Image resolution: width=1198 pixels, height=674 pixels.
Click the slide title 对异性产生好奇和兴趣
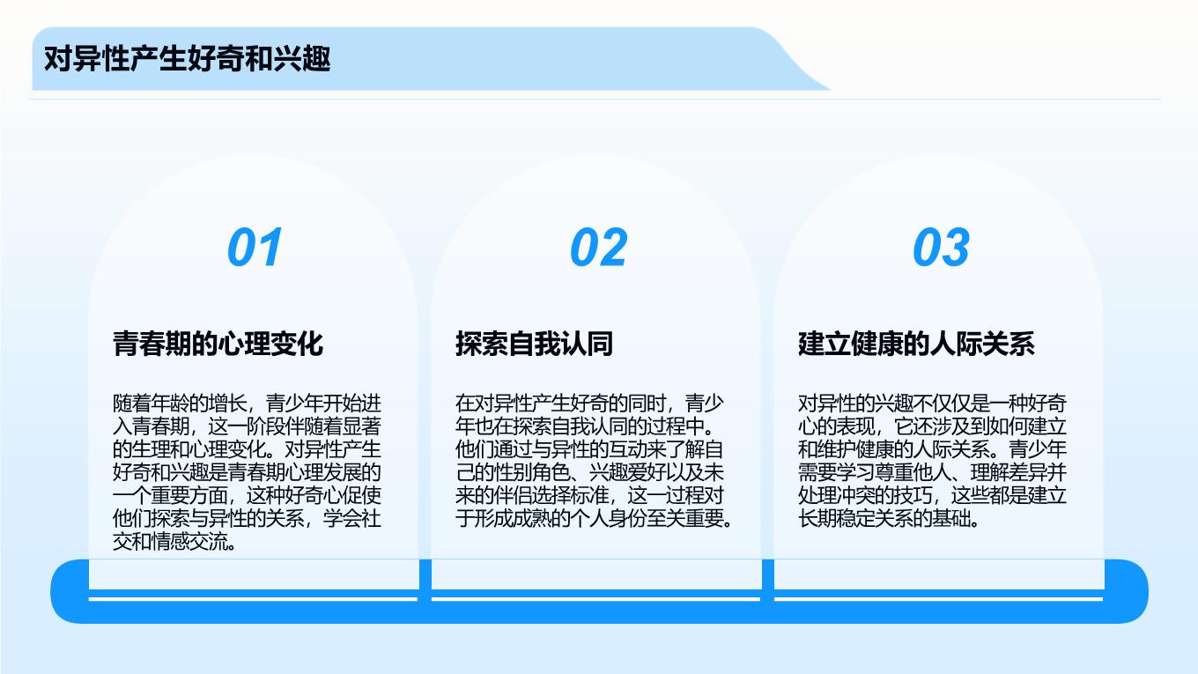coord(187,59)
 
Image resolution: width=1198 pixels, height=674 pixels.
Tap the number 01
coord(255,247)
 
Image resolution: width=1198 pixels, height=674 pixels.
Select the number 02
coord(598,247)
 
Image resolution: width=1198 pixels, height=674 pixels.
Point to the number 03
coord(942,247)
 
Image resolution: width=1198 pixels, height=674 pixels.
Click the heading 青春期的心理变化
coord(218,344)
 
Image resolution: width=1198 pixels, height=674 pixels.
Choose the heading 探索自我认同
coord(535,344)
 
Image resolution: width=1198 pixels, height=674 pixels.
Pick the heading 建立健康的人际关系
coord(916,344)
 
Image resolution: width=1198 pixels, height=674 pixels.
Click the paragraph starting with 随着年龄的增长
coord(247,472)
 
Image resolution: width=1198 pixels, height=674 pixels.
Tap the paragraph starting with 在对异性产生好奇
coord(594,461)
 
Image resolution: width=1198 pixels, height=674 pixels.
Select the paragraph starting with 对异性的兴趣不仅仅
coord(932,461)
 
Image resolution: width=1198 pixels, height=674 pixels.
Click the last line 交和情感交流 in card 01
coord(174,542)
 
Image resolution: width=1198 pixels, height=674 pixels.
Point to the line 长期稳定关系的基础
coord(888,518)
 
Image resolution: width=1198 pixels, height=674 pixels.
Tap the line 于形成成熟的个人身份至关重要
coord(594,518)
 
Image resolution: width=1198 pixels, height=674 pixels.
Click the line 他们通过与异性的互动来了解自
coord(589,449)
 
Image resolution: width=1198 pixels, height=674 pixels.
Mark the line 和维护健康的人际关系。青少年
coord(932,449)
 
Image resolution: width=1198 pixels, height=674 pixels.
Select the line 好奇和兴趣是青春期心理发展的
coord(247,472)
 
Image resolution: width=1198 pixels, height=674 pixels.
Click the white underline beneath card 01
coord(253,599)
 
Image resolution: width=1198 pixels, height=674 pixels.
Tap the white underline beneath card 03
coord(939,599)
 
